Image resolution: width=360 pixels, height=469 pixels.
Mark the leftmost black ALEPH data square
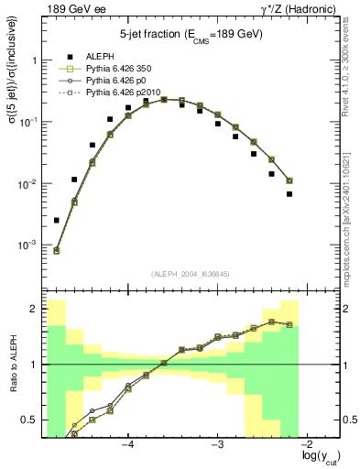click(57, 220)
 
